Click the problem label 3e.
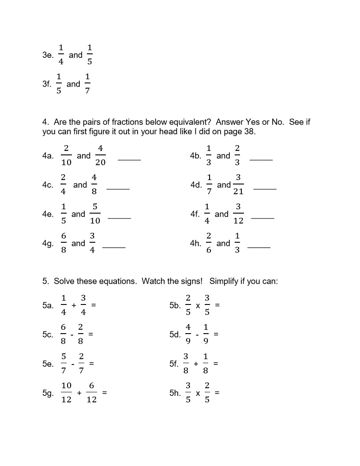click(x=48, y=55)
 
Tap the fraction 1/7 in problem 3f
click(x=87, y=84)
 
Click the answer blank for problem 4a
click(x=129, y=159)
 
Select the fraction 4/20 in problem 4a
click(x=100, y=155)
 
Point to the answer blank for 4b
click(x=261, y=159)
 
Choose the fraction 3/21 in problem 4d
click(x=238, y=184)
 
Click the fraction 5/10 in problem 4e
click(x=95, y=214)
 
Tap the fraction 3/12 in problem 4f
click(x=238, y=214)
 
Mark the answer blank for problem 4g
click(x=114, y=247)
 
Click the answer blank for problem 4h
click(x=259, y=247)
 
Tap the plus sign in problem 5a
click(x=73, y=305)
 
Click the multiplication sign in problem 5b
click(x=198, y=305)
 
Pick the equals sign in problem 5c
click(x=91, y=334)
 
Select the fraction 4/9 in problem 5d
click(x=188, y=334)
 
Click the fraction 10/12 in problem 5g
click(x=66, y=392)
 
